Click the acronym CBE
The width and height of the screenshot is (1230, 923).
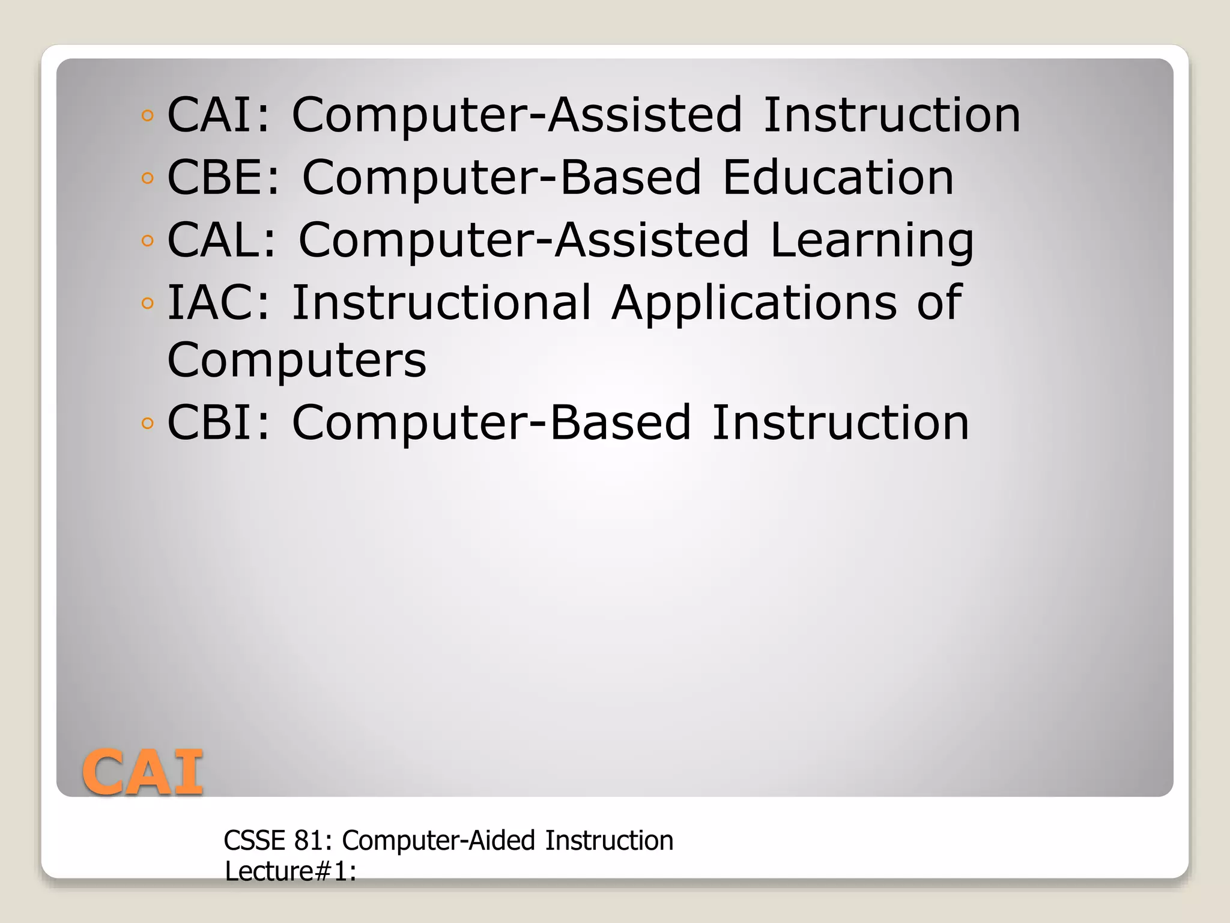(x=217, y=177)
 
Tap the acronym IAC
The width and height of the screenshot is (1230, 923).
(x=213, y=302)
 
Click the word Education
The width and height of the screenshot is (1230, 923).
(x=837, y=177)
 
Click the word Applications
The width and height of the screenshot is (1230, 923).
(x=754, y=303)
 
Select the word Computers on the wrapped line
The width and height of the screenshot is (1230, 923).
(x=297, y=360)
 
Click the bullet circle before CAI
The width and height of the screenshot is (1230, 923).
(x=147, y=115)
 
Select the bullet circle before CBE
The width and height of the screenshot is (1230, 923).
(x=147, y=178)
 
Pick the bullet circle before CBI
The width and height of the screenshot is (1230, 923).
(x=147, y=423)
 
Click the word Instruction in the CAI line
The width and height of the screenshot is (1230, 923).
(x=891, y=115)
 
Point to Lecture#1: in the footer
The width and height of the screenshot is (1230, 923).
(x=291, y=871)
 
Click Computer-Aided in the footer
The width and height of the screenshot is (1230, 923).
(x=438, y=840)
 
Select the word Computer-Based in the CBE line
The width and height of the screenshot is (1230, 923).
(x=501, y=178)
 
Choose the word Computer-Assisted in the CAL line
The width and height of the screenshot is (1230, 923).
(x=524, y=240)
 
